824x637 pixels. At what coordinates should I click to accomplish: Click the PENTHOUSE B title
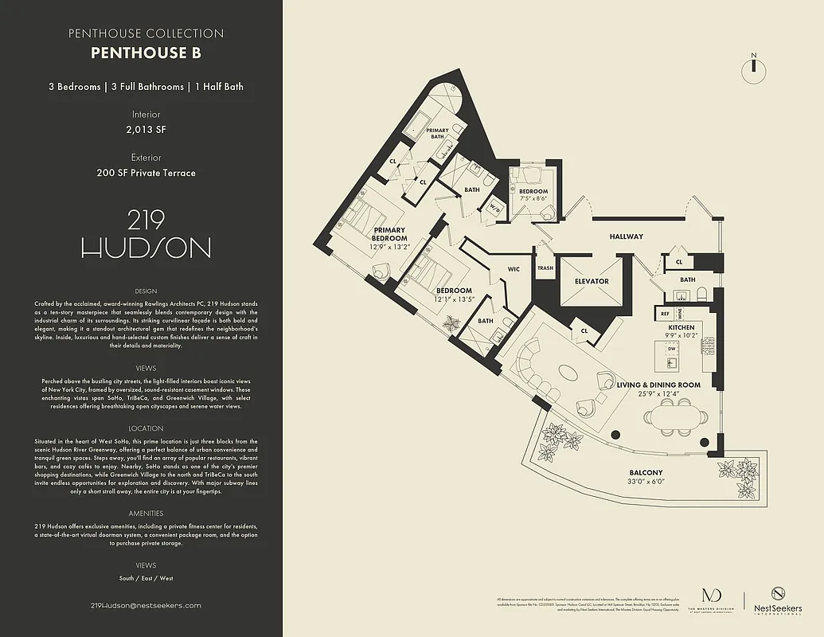(x=146, y=54)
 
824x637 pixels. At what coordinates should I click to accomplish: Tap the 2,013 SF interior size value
(x=146, y=128)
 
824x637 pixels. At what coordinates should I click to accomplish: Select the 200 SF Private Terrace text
(x=146, y=172)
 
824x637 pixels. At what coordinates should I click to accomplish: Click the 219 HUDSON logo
(x=146, y=233)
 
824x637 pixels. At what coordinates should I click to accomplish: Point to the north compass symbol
(x=751, y=70)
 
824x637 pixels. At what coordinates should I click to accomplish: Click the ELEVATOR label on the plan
(x=592, y=281)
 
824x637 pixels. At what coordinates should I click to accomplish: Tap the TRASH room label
(x=545, y=268)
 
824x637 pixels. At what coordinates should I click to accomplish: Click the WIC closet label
(x=514, y=269)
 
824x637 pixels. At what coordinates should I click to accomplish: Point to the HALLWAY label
(x=626, y=236)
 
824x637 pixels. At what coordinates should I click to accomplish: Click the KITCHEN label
(x=681, y=327)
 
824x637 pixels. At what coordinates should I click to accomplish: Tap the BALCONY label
(x=646, y=471)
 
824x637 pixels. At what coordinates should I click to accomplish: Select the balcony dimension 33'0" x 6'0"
(x=646, y=482)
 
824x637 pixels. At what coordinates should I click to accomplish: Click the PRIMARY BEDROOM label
(x=390, y=234)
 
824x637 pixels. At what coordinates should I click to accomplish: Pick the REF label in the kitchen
(x=664, y=314)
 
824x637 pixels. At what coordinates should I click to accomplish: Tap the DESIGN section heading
(x=146, y=291)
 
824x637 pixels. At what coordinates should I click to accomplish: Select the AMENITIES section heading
(x=146, y=514)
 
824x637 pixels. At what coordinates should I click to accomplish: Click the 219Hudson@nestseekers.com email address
(x=146, y=605)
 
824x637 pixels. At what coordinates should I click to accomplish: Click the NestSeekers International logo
(x=776, y=600)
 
